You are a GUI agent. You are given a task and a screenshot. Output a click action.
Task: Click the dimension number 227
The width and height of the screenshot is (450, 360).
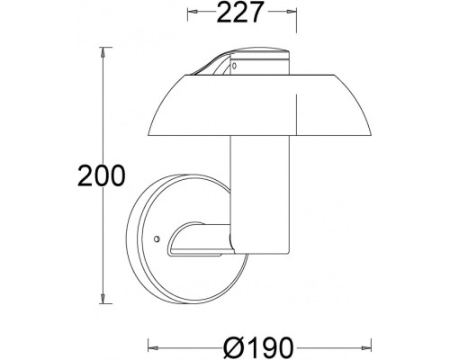coord(241,13)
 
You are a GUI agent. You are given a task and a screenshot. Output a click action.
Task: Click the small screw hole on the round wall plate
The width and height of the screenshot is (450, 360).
coord(157,240)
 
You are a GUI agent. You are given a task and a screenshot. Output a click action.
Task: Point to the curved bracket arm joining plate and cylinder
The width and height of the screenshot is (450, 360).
coord(196,238)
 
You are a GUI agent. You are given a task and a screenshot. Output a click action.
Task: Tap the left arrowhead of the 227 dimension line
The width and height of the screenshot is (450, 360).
coord(192,13)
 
